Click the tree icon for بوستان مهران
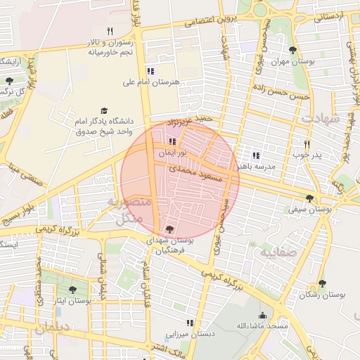tap(292, 50)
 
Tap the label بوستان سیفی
tap(310, 209)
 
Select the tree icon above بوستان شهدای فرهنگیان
tap(169, 229)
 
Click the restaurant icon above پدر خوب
tap(307, 143)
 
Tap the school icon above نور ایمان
tap(172, 142)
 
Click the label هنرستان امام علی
tap(151, 82)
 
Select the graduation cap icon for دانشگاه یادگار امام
tap(105, 111)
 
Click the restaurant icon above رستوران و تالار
tap(109, 31)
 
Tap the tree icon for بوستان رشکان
tap(322, 283)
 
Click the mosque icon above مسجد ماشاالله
tap(262, 316)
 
